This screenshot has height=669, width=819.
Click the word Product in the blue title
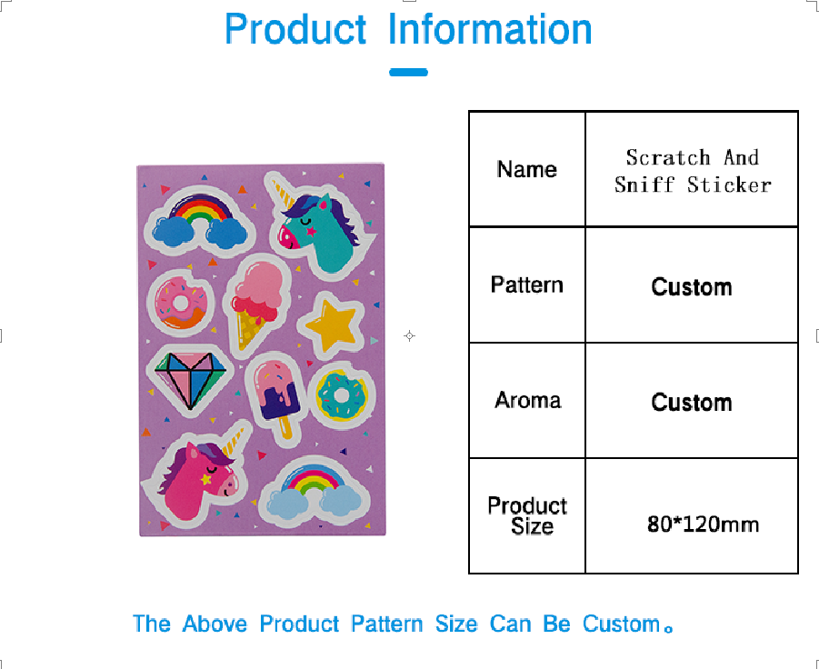tap(295, 29)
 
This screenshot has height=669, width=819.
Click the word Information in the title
tap(490, 29)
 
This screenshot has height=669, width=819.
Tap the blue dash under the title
tap(408, 72)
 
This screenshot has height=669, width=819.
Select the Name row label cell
tap(527, 169)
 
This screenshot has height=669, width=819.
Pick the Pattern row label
tap(527, 285)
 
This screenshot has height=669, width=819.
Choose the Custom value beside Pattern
tap(692, 286)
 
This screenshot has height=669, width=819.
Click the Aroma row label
tap(528, 400)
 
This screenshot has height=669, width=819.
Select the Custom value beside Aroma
tap(692, 402)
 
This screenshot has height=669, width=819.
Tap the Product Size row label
tap(527, 515)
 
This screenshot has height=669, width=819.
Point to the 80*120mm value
tap(703, 524)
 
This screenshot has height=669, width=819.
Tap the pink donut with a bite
tap(181, 303)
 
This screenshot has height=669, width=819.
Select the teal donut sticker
tap(341, 395)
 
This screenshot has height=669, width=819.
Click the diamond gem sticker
tap(190, 379)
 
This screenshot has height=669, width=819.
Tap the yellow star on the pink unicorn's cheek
tap(206, 478)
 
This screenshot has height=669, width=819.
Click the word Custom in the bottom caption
tap(622, 624)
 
